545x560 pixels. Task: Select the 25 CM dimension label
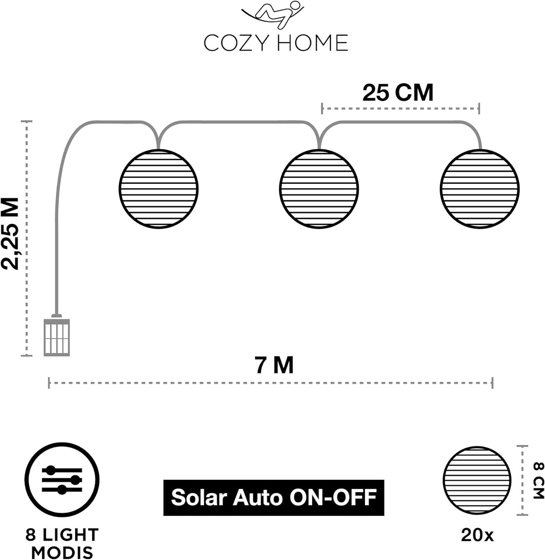click(398, 93)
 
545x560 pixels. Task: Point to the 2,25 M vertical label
click(10, 233)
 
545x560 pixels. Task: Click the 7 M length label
click(274, 365)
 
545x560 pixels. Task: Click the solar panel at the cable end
click(57, 337)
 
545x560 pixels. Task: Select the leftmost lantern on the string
click(158, 189)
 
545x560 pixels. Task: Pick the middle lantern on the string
click(319, 189)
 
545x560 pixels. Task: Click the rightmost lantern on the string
click(479, 189)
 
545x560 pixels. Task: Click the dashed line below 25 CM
click(401, 109)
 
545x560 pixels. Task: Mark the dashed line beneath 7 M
click(271, 383)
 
